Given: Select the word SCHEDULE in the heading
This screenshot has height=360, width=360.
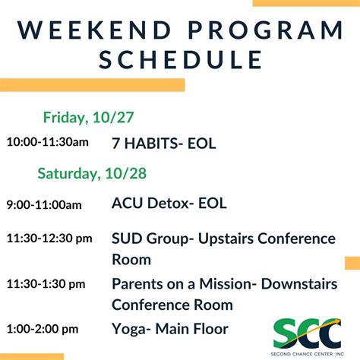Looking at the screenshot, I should (179, 59).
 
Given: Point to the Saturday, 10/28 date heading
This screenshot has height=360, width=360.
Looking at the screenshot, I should (92, 174).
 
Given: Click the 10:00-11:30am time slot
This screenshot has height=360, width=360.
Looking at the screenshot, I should (47, 142).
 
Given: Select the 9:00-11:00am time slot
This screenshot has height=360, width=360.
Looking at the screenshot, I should (44, 204).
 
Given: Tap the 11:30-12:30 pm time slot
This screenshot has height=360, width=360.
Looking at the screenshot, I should (49, 238).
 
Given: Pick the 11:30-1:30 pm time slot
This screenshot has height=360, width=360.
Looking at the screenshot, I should (46, 284).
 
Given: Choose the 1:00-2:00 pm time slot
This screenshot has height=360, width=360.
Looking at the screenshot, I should (43, 329).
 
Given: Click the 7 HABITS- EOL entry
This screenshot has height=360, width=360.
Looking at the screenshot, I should (164, 142).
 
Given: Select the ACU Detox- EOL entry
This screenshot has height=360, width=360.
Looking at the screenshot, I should (169, 203).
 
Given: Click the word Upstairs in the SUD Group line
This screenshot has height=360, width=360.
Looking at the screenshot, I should (227, 238).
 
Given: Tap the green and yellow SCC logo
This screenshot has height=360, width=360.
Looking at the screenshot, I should (306, 331).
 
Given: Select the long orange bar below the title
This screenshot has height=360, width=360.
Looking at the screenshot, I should (92, 84).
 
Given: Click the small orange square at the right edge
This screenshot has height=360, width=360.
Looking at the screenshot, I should (352, 263).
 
